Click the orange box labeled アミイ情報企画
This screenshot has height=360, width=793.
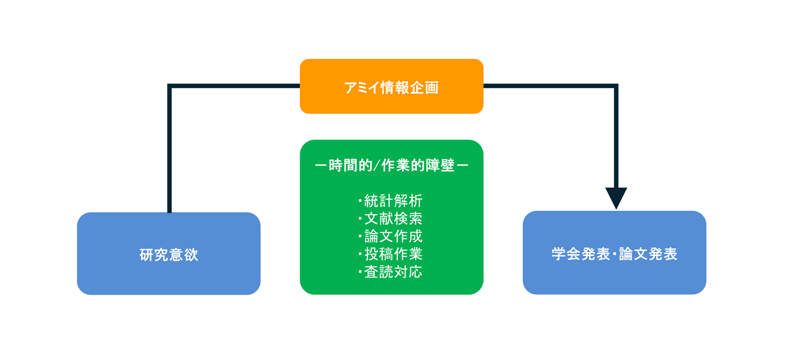point(391,87)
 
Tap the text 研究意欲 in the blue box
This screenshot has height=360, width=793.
point(169,255)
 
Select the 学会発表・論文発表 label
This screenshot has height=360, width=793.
point(614,254)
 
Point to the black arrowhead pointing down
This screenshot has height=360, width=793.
point(616,197)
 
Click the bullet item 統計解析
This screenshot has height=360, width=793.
point(393,201)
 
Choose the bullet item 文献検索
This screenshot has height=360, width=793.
point(393,218)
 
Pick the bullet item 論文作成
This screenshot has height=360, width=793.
point(393,236)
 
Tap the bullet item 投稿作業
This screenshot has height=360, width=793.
point(393,254)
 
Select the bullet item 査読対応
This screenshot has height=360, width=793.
point(393,272)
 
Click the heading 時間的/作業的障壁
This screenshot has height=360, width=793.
point(391,166)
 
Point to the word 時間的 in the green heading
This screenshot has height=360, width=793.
point(350,166)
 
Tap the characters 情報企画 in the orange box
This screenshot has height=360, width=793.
point(409,87)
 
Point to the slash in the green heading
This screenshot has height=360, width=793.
point(376,166)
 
